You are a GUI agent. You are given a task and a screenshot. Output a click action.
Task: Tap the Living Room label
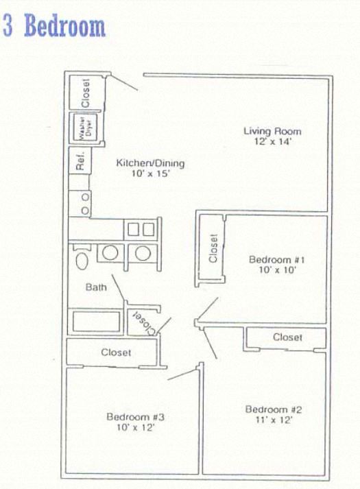[272, 131]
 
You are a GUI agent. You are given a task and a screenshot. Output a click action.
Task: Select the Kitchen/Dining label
[149, 163]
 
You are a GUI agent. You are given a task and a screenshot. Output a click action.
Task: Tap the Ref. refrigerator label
[80, 162]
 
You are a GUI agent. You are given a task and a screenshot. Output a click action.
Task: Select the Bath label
[96, 287]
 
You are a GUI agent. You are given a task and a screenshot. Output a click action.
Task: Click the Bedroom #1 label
[272, 260]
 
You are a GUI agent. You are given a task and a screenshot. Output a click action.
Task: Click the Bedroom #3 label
[134, 416]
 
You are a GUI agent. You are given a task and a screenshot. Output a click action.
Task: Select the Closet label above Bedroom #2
[287, 337]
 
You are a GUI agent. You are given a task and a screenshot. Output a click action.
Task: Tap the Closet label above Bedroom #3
[116, 353]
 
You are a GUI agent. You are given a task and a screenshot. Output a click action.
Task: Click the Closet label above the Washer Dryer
[86, 92]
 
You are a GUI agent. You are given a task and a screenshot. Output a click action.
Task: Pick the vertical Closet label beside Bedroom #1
[213, 249]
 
